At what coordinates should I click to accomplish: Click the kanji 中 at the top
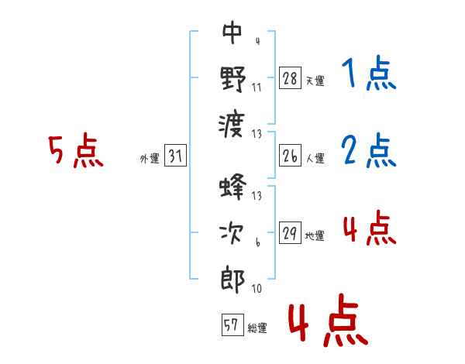coord(232,33)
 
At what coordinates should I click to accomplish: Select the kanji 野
coord(233,79)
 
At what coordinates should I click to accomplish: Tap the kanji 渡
coord(232,125)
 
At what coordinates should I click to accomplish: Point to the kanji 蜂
coord(232,187)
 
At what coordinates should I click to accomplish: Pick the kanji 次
coord(232,233)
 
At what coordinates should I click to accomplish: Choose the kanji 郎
coord(232,280)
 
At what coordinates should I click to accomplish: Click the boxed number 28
coord(290,77)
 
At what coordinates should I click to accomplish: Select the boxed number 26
coord(290,156)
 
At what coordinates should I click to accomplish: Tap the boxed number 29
coord(290,232)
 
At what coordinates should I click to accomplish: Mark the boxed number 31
coord(175,155)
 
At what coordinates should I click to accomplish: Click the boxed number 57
coord(232,325)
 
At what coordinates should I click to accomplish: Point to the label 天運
coord(315,81)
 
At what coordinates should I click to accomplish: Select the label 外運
coord(150,159)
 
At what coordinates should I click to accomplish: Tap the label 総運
coord(257,328)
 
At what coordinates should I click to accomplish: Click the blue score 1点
coord(369,73)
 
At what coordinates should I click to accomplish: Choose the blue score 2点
coord(369,150)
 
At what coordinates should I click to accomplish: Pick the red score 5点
coord(76,150)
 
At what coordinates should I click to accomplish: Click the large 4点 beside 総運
coord(328,320)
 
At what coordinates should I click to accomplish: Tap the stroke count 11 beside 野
coord(257,88)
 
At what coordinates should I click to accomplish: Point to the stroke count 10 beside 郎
coord(257,288)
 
